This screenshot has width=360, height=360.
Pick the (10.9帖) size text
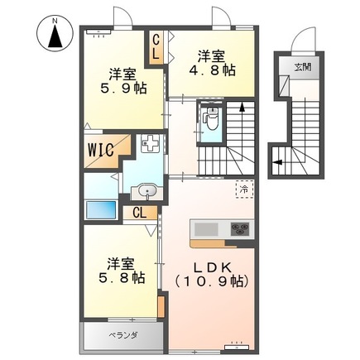212,281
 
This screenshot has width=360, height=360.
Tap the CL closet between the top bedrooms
156,46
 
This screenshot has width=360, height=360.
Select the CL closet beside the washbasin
140,212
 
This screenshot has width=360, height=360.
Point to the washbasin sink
147,191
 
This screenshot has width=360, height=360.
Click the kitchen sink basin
204,228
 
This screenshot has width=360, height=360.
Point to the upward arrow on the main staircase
242,105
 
